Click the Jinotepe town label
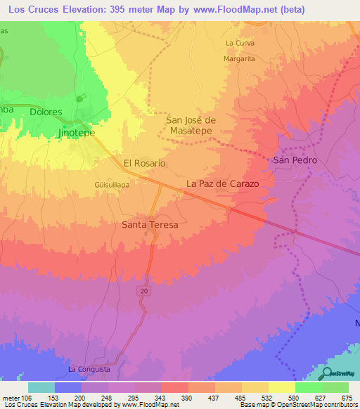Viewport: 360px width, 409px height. [x=77, y=131]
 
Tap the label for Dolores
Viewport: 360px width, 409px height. [x=46, y=112]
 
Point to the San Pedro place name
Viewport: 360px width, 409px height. [x=295, y=160]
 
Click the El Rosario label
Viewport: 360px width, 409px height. [x=144, y=163]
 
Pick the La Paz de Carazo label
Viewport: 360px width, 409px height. [x=222, y=183]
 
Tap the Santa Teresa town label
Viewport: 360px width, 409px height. [x=150, y=225]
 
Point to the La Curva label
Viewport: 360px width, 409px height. [x=239, y=43]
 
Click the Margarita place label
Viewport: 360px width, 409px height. [x=238, y=60]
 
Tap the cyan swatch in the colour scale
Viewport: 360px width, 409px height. [x=41, y=387]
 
